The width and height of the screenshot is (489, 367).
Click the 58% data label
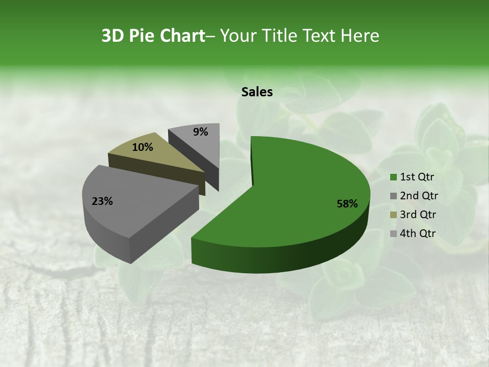click(347, 204)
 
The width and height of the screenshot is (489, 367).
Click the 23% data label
click(102, 201)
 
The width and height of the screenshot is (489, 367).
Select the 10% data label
click(143, 147)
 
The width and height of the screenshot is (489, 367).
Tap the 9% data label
click(201, 132)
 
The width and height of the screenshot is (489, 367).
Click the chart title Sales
click(257, 92)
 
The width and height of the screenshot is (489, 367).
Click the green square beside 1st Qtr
click(393, 177)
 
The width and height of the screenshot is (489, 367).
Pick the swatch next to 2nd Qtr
click(393, 196)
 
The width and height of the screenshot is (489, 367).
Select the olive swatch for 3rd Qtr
click(393, 215)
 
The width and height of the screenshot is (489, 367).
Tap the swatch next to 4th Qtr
click(393, 233)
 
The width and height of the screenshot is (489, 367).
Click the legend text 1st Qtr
click(417, 177)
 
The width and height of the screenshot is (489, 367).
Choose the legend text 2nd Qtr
click(419, 196)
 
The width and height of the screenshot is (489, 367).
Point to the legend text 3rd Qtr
click(419, 215)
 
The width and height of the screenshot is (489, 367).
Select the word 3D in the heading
click(113, 36)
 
